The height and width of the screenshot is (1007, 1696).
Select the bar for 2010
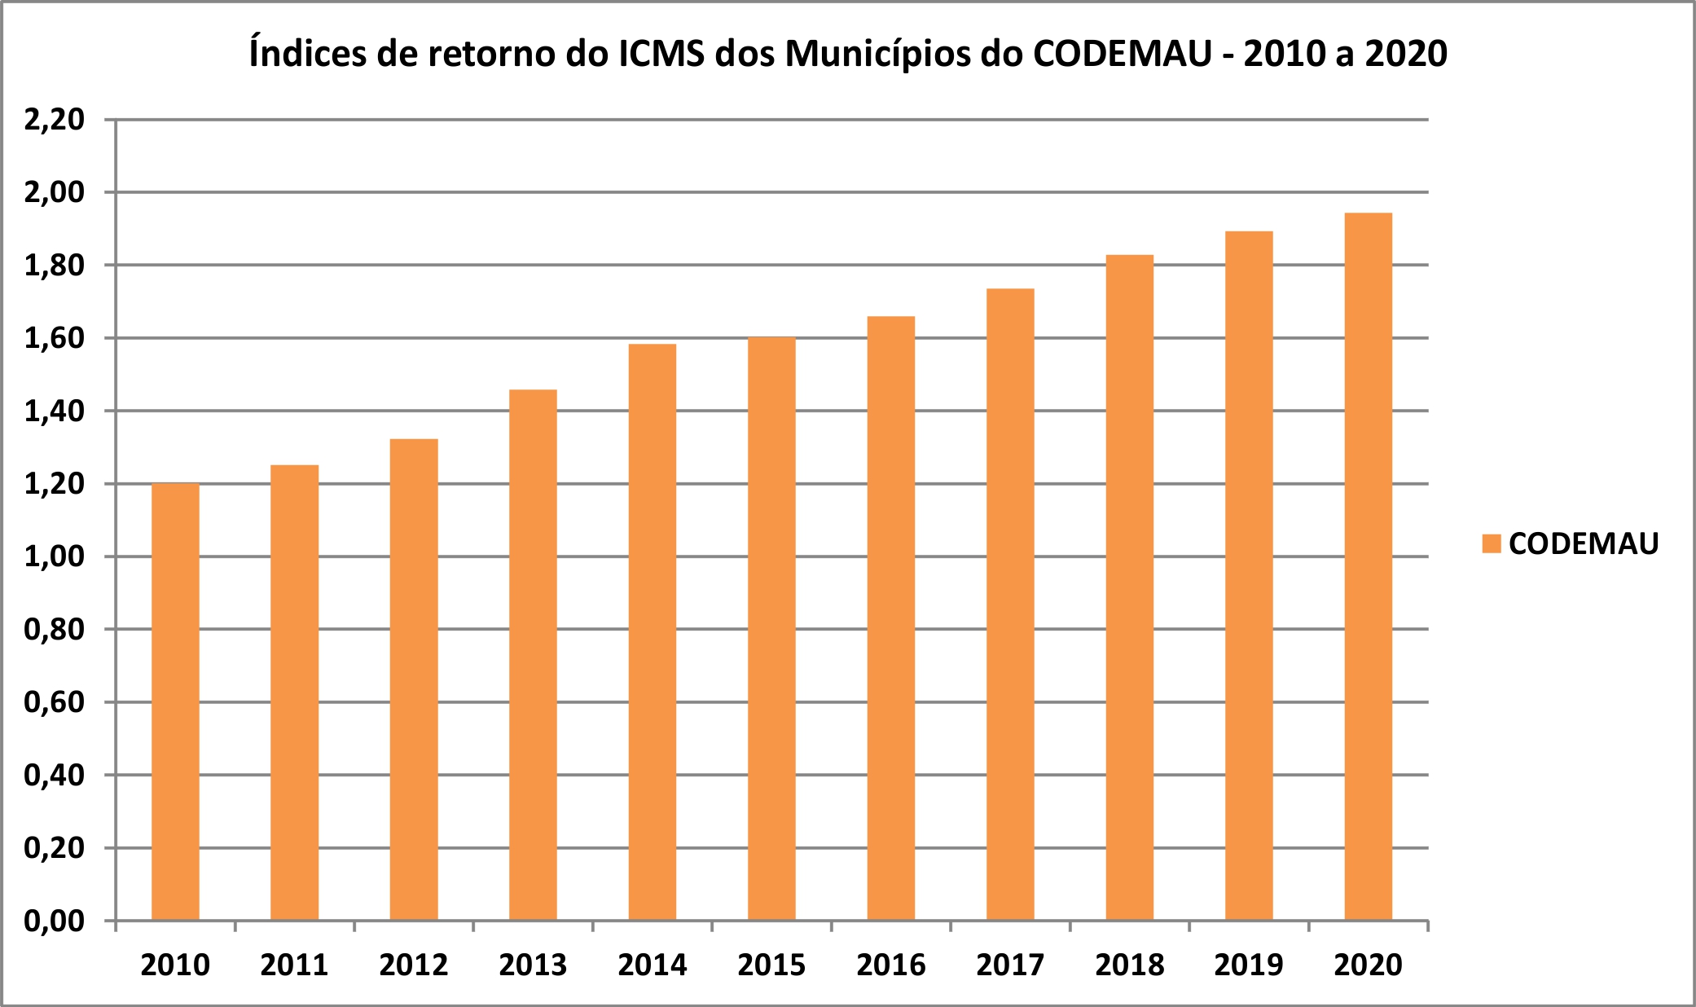coord(175,701)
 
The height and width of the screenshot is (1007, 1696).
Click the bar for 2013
coord(533,655)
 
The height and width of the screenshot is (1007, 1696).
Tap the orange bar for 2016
coord(890,618)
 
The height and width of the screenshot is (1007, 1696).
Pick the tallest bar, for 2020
coord(1368,566)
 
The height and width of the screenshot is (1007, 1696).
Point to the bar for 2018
coord(1129,587)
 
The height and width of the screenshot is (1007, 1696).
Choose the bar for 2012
coord(414,679)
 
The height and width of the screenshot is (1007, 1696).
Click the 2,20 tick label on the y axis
coord(55,120)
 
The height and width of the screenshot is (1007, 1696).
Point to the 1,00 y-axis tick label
coord(55,556)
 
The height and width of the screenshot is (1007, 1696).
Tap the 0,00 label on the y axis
coord(55,921)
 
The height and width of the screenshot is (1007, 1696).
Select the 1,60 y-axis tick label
coord(55,338)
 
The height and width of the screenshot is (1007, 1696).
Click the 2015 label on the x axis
coord(771,965)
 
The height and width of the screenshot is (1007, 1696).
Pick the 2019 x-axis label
coord(1249,965)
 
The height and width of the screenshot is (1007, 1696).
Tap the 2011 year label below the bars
coord(294,965)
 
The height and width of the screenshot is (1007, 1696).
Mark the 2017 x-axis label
coord(1010,965)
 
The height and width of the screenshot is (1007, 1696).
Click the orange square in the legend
coord(1492,543)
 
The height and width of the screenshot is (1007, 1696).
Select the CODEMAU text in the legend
coord(1584,543)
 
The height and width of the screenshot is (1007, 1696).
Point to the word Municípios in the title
coord(894,54)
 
